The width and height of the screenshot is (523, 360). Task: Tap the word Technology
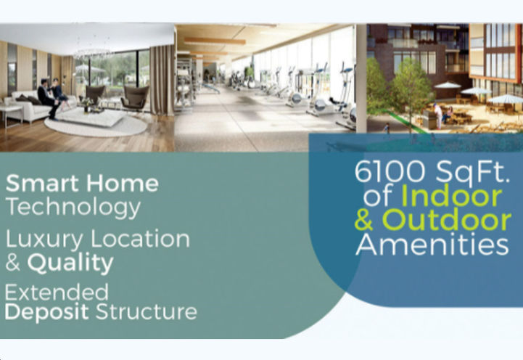(73, 208)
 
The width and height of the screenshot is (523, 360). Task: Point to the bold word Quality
(70, 263)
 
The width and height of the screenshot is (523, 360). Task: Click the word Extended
(57, 292)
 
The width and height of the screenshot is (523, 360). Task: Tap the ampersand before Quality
(13, 263)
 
